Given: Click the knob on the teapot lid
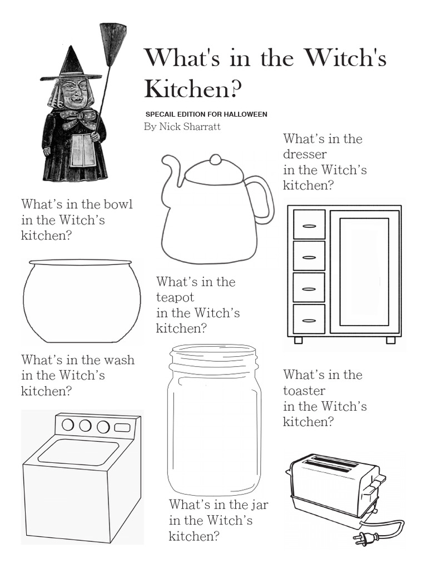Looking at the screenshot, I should pyautogui.click(x=215, y=159).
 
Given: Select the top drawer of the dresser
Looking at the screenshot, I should pyautogui.click(x=309, y=224).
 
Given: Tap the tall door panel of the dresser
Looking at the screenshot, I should pyautogui.click(x=364, y=271).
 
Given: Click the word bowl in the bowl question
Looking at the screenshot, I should pyautogui.click(x=118, y=204).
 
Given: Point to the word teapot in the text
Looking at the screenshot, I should pyautogui.click(x=175, y=297).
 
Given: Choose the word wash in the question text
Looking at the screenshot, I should pyautogui.click(x=118, y=360).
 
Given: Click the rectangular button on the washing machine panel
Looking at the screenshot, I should pyautogui.click(x=122, y=428).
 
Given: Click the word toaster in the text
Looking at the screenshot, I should pyautogui.click(x=304, y=391).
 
